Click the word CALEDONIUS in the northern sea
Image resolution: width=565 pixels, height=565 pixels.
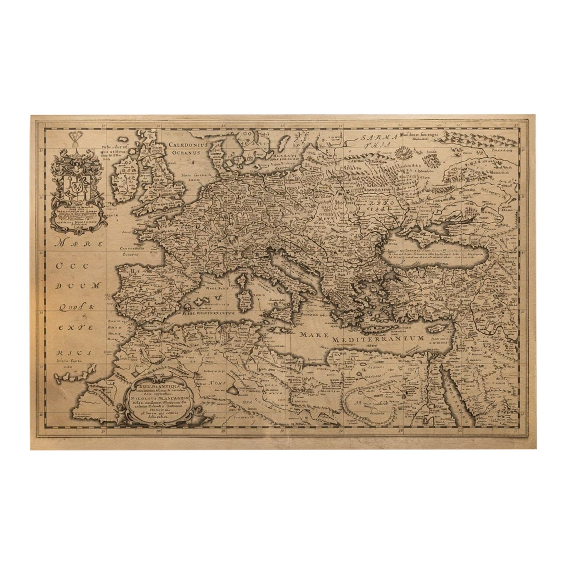[x=188, y=145]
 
